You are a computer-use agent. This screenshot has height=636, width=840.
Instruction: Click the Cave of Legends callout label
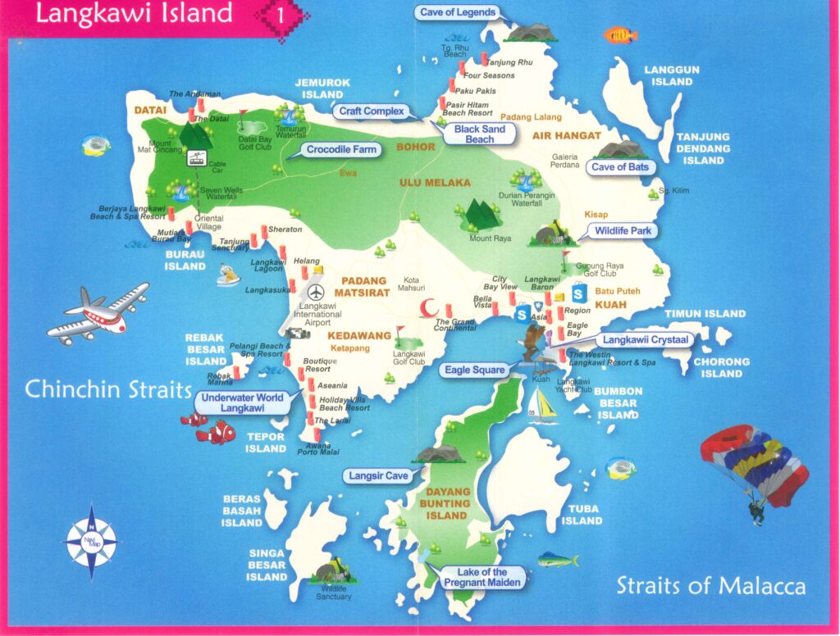click(457, 12)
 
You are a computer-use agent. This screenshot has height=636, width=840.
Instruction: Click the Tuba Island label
click(582, 515)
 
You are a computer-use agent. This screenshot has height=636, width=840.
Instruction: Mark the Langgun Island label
click(672, 76)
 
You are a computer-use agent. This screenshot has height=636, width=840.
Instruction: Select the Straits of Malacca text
click(710, 585)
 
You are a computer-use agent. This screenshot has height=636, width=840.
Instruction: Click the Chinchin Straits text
click(107, 388)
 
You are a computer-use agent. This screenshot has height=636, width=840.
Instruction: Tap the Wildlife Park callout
click(623, 231)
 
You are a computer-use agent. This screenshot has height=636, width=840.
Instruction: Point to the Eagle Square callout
click(475, 370)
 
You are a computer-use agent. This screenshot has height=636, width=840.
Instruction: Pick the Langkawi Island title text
click(135, 14)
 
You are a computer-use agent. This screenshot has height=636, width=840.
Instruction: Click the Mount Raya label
click(491, 238)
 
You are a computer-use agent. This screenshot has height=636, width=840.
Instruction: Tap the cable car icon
click(196, 158)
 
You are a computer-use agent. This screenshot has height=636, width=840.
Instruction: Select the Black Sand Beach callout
click(480, 134)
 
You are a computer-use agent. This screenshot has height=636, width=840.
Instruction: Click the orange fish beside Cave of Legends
click(620, 34)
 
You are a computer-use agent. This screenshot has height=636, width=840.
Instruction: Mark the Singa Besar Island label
click(267, 565)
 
